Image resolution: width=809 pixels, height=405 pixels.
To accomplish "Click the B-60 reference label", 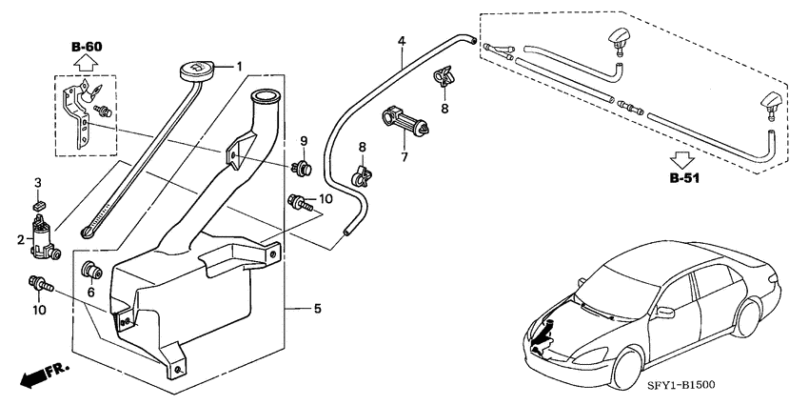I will (86, 46).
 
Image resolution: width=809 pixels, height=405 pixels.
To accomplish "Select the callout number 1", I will (240, 66).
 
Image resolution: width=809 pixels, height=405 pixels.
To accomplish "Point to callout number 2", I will (18, 240).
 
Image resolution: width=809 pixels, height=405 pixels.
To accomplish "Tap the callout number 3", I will (38, 181).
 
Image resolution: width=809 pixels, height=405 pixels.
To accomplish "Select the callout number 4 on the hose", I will (401, 41).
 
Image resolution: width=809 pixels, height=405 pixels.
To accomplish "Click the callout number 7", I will (404, 156).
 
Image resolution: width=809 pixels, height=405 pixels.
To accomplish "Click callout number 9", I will (304, 141).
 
